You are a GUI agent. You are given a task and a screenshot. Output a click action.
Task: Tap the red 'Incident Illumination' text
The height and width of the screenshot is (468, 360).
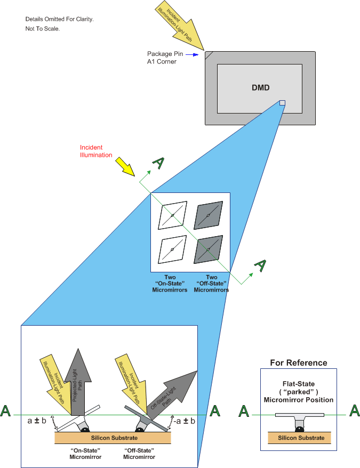tap(96, 151)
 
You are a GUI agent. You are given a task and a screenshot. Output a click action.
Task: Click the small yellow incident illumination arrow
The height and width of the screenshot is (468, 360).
tap(127, 166)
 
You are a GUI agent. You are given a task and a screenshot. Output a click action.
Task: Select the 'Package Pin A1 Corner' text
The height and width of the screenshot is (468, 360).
tap(165, 58)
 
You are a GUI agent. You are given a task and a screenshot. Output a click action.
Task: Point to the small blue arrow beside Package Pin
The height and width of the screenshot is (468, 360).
tap(194, 54)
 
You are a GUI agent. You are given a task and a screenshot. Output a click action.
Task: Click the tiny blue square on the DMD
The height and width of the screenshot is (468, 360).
tap(283, 103)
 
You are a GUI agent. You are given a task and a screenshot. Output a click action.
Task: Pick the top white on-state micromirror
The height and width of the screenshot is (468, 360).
tap(172, 215)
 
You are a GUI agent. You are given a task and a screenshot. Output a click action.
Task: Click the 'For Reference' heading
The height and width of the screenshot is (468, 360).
tap(298, 363)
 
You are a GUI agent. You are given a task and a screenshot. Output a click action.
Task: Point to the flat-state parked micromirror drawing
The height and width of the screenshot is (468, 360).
tap(300, 418)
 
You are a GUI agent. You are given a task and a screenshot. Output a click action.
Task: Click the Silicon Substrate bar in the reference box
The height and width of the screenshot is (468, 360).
tap(299, 438)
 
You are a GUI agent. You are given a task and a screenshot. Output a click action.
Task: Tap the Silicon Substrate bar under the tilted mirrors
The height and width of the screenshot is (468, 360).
tap(113, 438)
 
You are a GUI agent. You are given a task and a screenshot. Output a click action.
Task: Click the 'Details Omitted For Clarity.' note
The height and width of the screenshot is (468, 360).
tap(59, 19)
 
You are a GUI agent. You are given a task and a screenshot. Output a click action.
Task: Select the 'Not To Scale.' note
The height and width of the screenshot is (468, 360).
tap(43, 29)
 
